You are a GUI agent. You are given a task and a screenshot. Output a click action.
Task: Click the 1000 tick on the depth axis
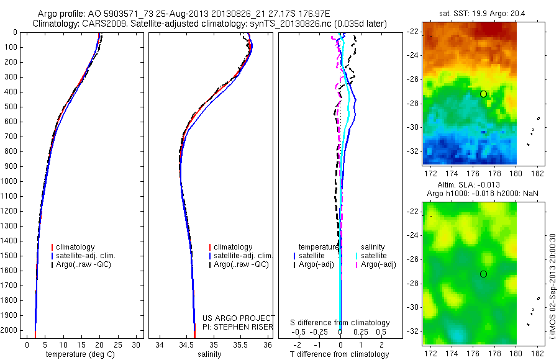click(x=11, y=181)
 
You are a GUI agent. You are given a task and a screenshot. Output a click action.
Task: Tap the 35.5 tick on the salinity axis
click(x=240, y=344)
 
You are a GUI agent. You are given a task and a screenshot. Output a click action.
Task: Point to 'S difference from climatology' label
click(x=340, y=323)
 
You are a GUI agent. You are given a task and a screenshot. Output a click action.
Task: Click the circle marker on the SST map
click(x=483, y=94)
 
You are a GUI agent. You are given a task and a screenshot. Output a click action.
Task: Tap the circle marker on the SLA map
click(x=483, y=274)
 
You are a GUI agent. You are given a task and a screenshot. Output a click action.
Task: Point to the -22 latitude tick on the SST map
click(x=414, y=32)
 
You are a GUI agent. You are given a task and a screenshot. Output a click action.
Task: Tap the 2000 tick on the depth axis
click(x=11, y=330)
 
